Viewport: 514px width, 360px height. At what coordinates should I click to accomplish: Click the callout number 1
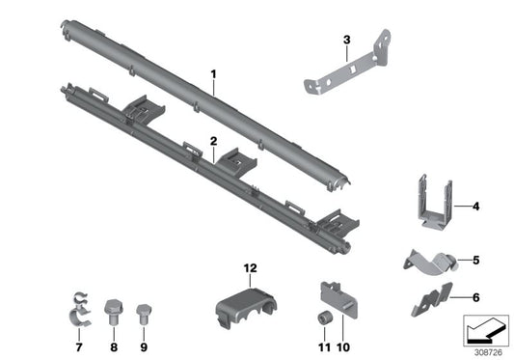coord(215,73)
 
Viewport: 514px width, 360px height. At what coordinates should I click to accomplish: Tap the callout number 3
coord(345,40)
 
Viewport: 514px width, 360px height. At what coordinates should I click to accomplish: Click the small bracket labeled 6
coord(430,299)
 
